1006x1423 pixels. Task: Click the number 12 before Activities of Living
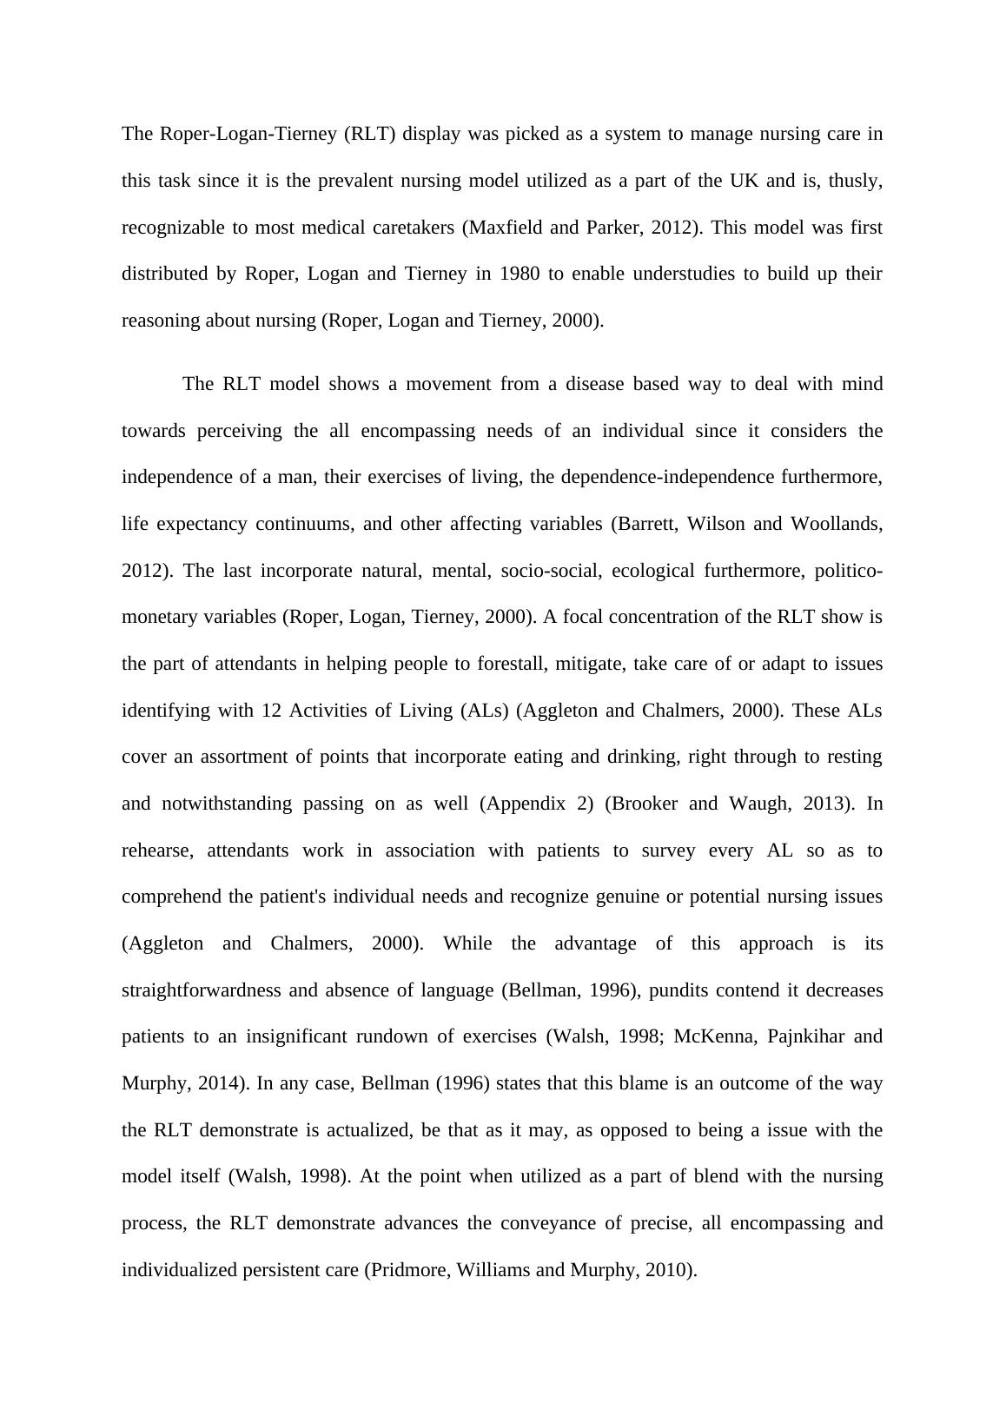[270, 711]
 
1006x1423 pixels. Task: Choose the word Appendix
[530, 804]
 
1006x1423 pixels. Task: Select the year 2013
[816, 804]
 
